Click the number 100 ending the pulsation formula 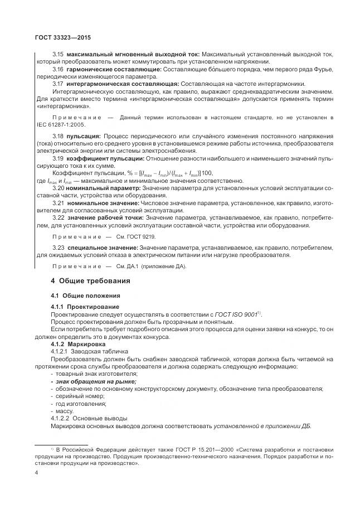click(x=206, y=173)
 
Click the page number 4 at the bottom click(x=36, y=472)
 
